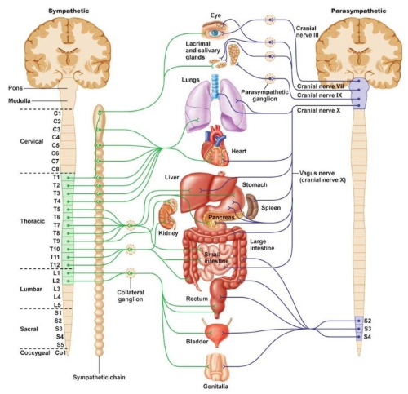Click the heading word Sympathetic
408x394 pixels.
69,11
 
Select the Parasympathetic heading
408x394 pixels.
358,11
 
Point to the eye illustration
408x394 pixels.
215,30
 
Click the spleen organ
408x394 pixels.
252,206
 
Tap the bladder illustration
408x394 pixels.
217,333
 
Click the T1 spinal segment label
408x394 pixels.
56,177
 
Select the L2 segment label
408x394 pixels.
56,281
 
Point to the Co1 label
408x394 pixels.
60,352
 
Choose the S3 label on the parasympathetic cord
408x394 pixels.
367,329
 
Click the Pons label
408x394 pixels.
16,88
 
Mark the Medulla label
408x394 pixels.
20,101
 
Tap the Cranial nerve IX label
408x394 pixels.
319,95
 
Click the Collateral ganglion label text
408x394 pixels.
131,295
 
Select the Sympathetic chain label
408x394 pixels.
99,377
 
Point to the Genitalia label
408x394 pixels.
215,387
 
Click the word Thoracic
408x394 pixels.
33,221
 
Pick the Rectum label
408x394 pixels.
197,299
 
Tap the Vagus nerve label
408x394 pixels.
322,176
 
